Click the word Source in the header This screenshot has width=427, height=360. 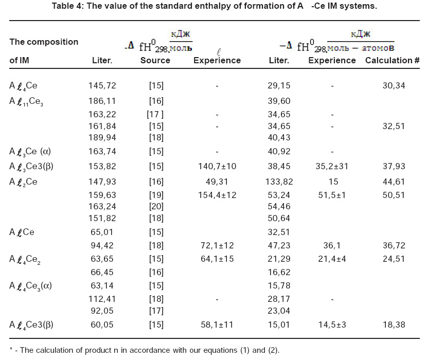tap(155, 60)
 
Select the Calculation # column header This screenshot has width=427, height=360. tap(393, 60)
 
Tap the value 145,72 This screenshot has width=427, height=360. tap(101, 85)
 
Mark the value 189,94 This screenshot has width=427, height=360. tap(101, 137)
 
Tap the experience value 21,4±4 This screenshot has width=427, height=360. tap(332, 258)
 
